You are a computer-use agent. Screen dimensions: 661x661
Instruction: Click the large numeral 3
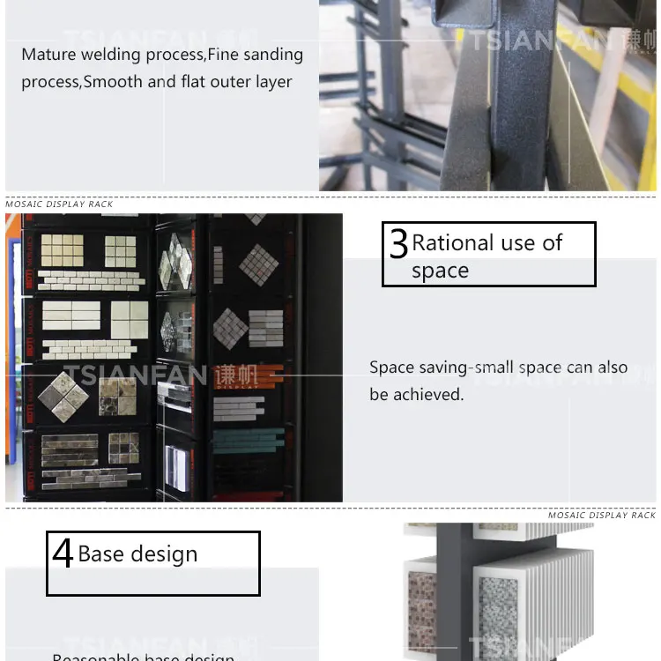pyautogui.click(x=398, y=244)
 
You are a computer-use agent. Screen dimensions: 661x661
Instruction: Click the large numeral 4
pyautogui.click(x=62, y=553)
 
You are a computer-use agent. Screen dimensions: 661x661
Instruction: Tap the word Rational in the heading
pyautogui.click(x=452, y=243)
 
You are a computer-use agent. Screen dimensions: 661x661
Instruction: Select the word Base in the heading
pyautogui.click(x=100, y=554)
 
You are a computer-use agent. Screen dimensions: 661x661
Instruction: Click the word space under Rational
pyautogui.click(x=440, y=271)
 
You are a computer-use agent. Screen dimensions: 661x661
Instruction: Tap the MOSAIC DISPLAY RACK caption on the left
pyautogui.click(x=59, y=204)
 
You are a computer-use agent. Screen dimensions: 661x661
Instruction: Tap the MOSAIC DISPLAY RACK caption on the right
pyautogui.click(x=602, y=516)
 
